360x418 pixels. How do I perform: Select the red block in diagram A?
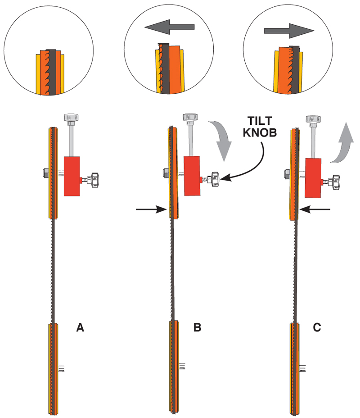coord(72,176)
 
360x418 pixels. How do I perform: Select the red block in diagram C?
coord(313,178)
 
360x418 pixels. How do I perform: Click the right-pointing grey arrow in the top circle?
coord(288,31)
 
